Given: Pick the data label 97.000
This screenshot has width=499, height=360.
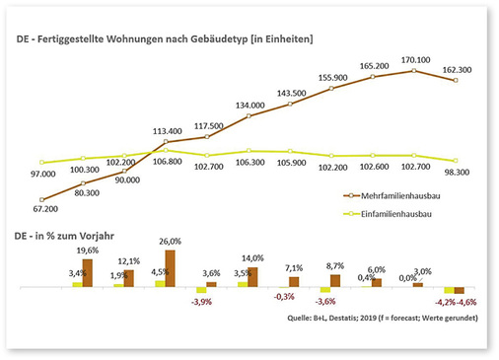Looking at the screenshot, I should [43, 174].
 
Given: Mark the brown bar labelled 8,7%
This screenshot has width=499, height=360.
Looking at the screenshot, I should [334, 280].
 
